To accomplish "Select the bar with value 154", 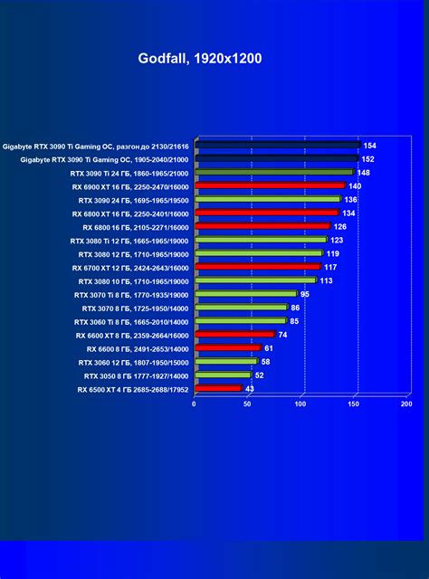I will pyautogui.click(x=276, y=145).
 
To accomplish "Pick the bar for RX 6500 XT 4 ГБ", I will pyautogui.click(x=217, y=388).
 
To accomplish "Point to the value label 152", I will pyautogui.click(x=367, y=158).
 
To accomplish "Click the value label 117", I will pyautogui.click(x=330, y=267).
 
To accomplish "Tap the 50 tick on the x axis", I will pyautogui.click(x=247, y=404).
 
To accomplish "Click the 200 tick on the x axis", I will pyautogui.click(x=405, y=404).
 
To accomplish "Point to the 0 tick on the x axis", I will pyautogui.click(x=195, y=404).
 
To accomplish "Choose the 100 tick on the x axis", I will pyautogui.click(x=300, y=404).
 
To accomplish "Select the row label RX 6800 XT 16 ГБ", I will pyautogui.click(x=132, y=213).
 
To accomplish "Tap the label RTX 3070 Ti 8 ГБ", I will pyautogui.click(x=130, y=294).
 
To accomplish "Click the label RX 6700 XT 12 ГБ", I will pyautogui.click(x=132, y=267).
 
